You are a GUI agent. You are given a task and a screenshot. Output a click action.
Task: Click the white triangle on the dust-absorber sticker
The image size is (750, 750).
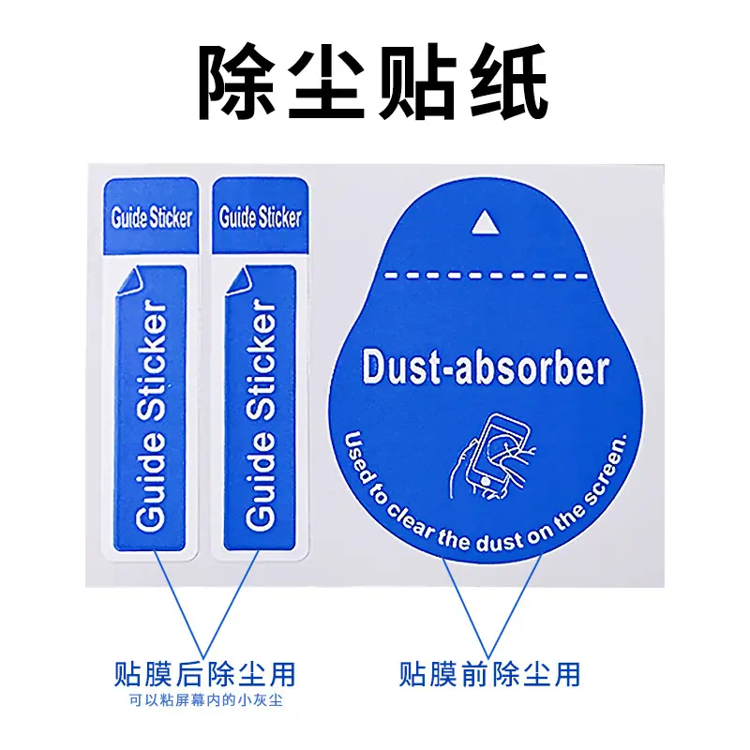[485, 224]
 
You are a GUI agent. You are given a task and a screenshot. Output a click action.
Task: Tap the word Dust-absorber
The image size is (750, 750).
[486, 368]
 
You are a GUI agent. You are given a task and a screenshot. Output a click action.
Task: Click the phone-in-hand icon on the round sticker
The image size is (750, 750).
[493, 457]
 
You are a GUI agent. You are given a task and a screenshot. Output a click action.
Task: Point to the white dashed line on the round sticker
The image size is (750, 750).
[486, 276]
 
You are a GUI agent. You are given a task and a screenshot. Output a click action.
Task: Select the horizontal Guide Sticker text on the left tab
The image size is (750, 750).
[152, 217]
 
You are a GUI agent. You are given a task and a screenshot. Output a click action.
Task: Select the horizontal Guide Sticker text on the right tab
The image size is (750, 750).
[261, 217]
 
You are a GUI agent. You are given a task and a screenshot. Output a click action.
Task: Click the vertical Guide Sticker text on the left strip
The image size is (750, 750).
[151, 415]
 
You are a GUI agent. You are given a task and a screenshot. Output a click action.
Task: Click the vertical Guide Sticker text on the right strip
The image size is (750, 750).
[261, 415]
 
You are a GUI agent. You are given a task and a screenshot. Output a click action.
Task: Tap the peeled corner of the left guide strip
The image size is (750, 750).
[128, 282]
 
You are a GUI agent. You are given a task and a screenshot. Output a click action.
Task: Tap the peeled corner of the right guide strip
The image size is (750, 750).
[238, 282]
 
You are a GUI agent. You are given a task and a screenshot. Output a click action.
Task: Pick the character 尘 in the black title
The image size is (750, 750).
[324, 82]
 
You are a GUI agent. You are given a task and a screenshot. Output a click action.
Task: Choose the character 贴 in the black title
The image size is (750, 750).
[415, 82]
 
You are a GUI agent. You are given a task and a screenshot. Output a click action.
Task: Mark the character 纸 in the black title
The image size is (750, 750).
[509, 82]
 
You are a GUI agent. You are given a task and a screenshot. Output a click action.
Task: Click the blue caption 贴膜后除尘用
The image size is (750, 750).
[205, 674]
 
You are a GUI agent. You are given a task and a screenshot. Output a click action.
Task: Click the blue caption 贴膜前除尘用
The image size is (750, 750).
[489, 674]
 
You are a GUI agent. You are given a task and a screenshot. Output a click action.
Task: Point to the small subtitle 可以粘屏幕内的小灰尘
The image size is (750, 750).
[205, 700]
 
